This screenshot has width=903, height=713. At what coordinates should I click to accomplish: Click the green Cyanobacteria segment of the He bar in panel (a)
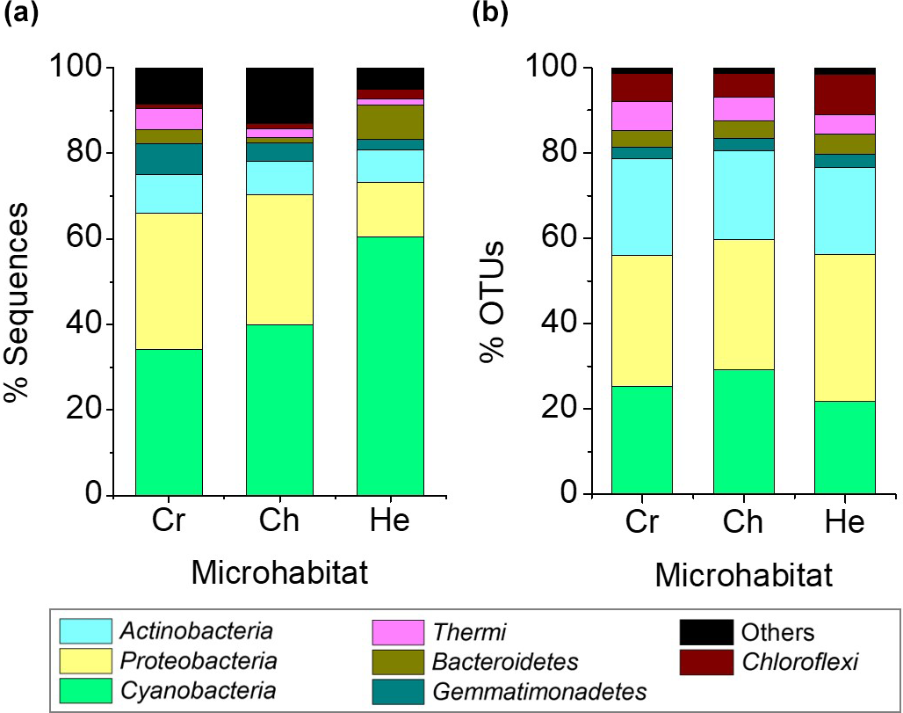390,365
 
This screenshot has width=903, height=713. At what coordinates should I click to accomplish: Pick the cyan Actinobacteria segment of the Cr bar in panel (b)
642,207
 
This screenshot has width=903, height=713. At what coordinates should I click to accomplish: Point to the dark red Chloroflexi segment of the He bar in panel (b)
844,94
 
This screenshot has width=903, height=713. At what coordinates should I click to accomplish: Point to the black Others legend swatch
706,632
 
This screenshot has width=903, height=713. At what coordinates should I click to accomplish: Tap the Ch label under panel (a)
279,520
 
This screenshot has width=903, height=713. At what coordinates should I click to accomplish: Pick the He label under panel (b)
844,521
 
